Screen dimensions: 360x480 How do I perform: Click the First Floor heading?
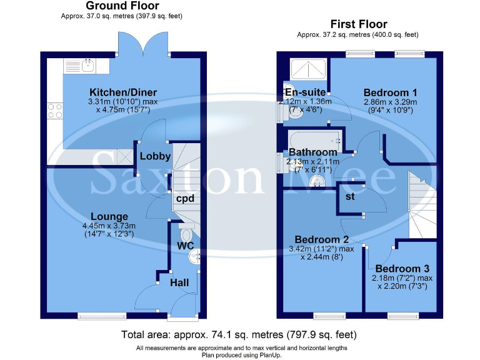coord(359,24)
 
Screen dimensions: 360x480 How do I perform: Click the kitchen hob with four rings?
coord(54,111)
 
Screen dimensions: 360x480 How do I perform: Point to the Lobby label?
coord(155,156)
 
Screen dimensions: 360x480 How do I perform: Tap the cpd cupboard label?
coord(185,199)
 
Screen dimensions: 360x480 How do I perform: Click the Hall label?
coord(179,283)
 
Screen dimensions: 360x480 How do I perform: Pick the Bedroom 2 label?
coord(321,239)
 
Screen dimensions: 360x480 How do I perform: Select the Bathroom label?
coord(312,152)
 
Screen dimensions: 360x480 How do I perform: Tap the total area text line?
coord(239,335)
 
